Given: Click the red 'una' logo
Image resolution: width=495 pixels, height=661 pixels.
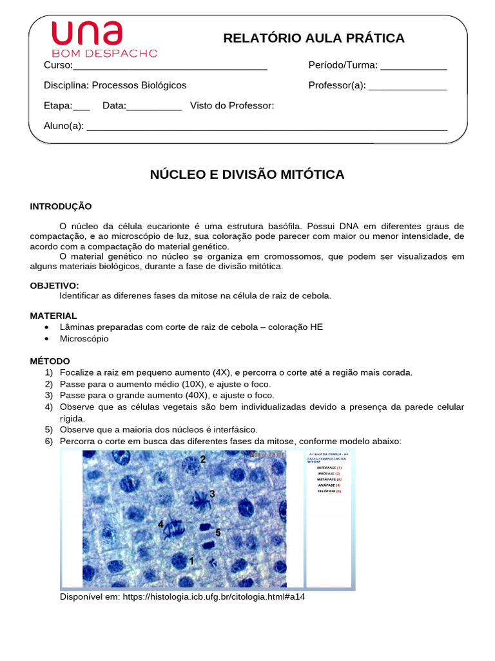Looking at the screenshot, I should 86,33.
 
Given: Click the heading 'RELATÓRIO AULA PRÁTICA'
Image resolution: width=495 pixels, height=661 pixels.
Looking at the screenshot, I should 314,38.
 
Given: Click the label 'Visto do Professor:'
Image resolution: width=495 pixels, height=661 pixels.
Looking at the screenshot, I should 232,106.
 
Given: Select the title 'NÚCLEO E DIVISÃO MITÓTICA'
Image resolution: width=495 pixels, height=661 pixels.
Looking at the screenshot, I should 247,174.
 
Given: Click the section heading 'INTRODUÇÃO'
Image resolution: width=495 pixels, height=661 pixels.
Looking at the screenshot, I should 61,207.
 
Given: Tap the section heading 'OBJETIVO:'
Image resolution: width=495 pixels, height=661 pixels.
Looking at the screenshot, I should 55,285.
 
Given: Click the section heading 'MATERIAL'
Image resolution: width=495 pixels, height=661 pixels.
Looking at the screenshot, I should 53,316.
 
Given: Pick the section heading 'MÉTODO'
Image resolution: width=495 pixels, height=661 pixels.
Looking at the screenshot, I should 50,361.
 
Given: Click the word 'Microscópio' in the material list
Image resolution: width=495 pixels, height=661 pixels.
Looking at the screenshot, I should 84,338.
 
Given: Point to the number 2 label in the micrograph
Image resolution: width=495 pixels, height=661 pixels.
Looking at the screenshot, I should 202,460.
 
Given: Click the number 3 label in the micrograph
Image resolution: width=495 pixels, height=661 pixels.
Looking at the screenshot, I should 211,494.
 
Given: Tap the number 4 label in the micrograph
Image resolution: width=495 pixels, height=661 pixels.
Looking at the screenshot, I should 161,525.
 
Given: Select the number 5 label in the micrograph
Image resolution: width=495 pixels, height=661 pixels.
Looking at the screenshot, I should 218,533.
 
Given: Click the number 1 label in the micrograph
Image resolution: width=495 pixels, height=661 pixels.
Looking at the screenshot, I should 191,561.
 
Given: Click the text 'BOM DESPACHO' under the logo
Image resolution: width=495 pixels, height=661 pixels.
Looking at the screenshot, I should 104,53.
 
